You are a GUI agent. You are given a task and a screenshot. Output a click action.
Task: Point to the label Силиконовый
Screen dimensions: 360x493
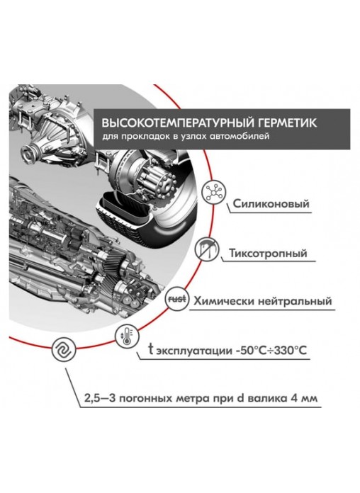(271, 204)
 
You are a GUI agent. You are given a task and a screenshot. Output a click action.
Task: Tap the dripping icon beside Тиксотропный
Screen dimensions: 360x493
(206, 249)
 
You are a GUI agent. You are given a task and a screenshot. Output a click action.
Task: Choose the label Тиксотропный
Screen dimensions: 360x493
(267, 253)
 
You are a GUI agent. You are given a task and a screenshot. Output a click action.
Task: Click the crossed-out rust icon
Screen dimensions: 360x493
(177, 299)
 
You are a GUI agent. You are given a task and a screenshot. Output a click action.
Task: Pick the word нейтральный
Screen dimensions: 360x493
(295, 301)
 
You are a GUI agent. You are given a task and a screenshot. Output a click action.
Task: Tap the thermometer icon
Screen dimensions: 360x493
(127, 336)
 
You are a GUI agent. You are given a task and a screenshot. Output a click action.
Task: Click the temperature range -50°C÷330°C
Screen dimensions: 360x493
(271, 350)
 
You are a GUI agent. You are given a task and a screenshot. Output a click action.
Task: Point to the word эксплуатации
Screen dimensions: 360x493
(194, 351)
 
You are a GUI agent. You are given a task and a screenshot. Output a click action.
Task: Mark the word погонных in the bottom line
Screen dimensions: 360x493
(149, 398)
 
